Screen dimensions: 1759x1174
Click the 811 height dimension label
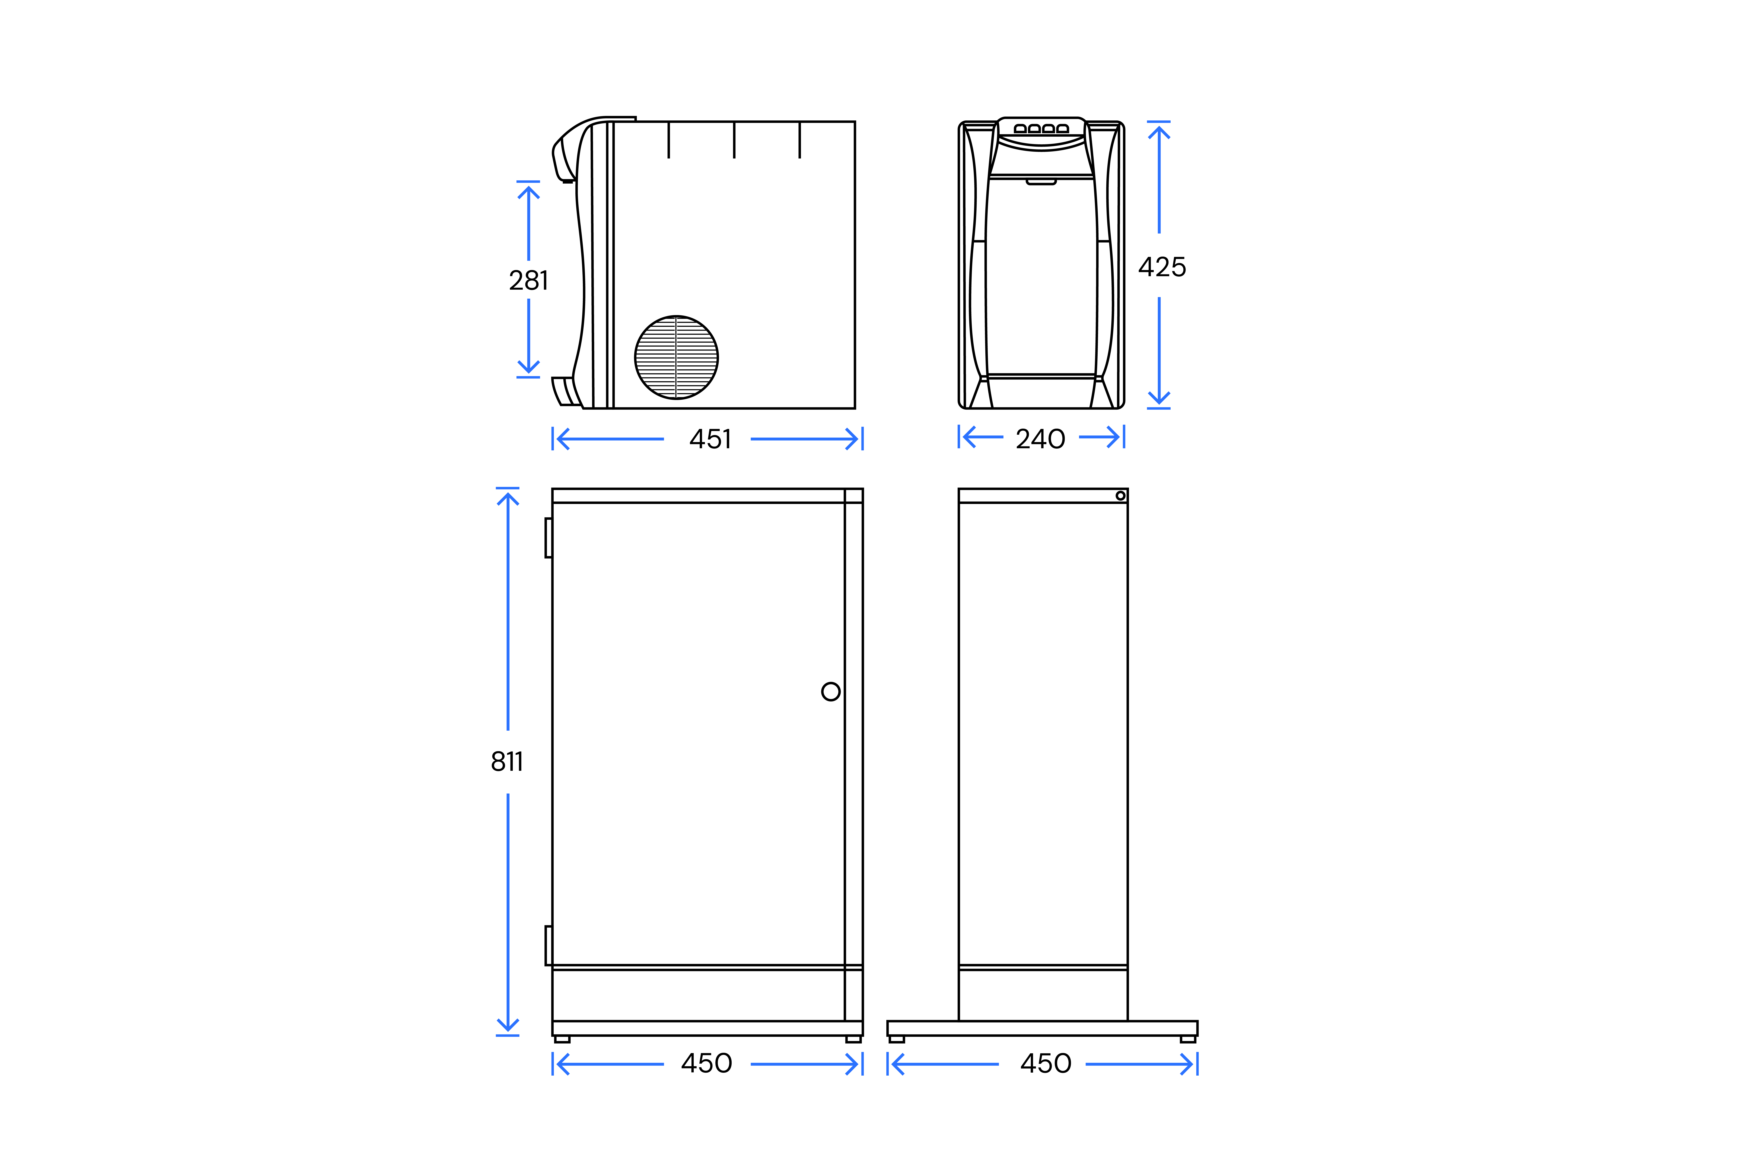tap(507, 761)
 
